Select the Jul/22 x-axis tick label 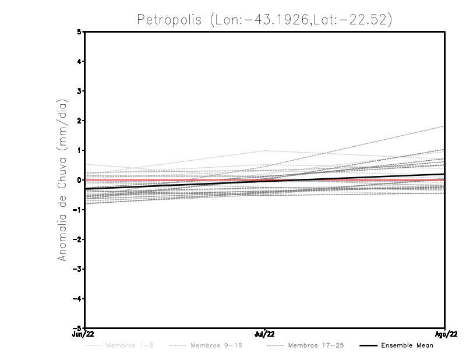(265, 334)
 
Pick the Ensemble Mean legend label (407, 345)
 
